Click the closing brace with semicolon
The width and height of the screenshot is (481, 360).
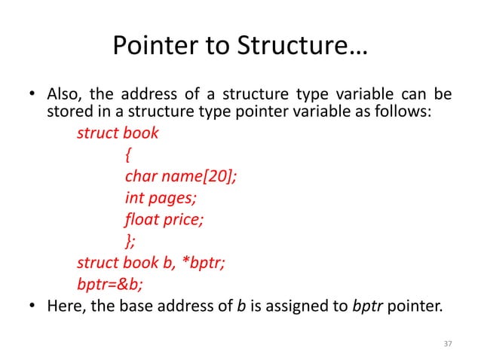[131, 241]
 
